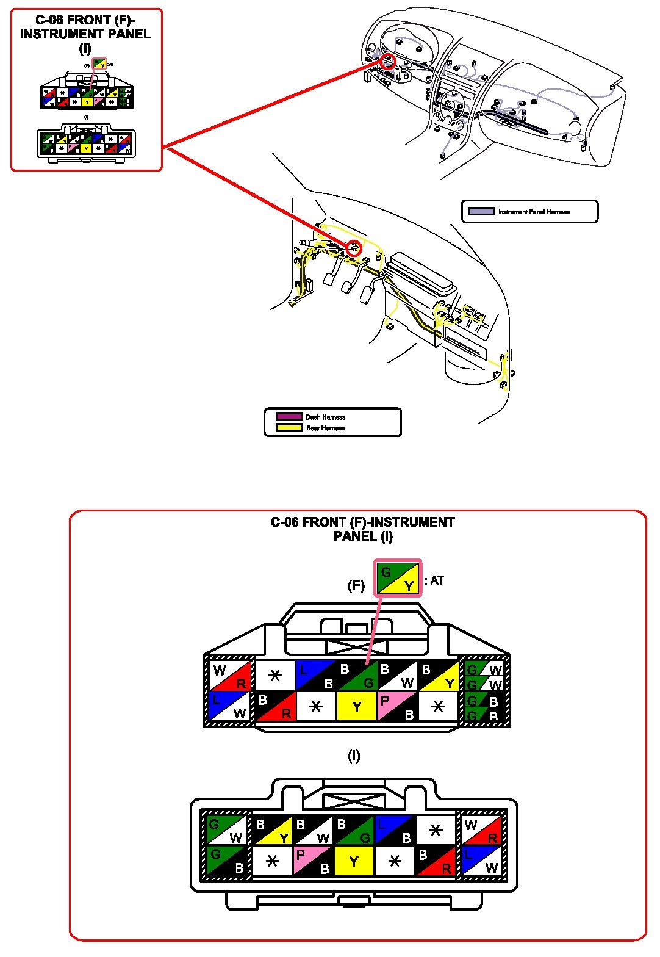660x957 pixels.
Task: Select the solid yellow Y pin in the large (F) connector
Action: coord(357,706)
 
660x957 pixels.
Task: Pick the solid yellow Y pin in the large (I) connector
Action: coord(354,861)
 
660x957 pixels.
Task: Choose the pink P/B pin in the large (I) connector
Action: coord(313,861)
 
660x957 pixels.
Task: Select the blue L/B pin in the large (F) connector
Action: coord(315,676)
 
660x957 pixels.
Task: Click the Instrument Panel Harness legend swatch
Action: coord(481,212)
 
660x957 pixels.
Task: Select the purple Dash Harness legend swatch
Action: coord(289,417)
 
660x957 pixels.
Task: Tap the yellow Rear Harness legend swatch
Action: coord(289,428)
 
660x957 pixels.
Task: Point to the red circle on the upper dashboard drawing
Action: coord(388,61)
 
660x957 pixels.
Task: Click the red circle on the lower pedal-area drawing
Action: coord(354,248)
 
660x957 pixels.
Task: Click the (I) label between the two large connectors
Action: coord(354,756)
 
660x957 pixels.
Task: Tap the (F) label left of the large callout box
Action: coord(356,586)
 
